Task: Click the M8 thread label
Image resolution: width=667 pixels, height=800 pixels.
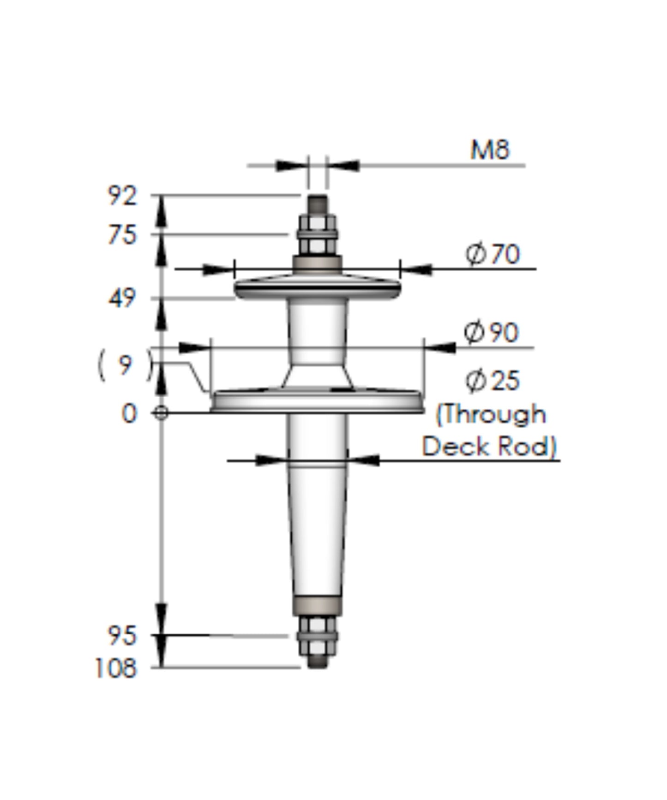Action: [x=489, y=150]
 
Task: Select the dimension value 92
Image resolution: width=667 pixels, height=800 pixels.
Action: [x=122, y=196]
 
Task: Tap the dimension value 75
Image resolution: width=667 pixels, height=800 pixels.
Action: [x=122, y=235]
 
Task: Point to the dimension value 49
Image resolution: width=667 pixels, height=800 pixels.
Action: [x=122, y=299]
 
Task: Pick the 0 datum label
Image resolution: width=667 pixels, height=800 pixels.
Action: [x=129, y=414]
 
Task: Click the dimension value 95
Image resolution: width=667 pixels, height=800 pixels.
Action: [x=122, y=636]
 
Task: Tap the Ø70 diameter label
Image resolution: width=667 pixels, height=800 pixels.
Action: [x=493, y=254]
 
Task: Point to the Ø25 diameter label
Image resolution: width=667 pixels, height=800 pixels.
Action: [x=492, y=381]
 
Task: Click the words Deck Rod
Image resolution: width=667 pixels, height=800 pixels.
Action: [x=489, y=447]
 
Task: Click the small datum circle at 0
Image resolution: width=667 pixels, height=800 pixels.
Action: [x=161, y=413]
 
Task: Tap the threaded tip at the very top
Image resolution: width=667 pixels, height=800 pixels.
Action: [x=318, y=203]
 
